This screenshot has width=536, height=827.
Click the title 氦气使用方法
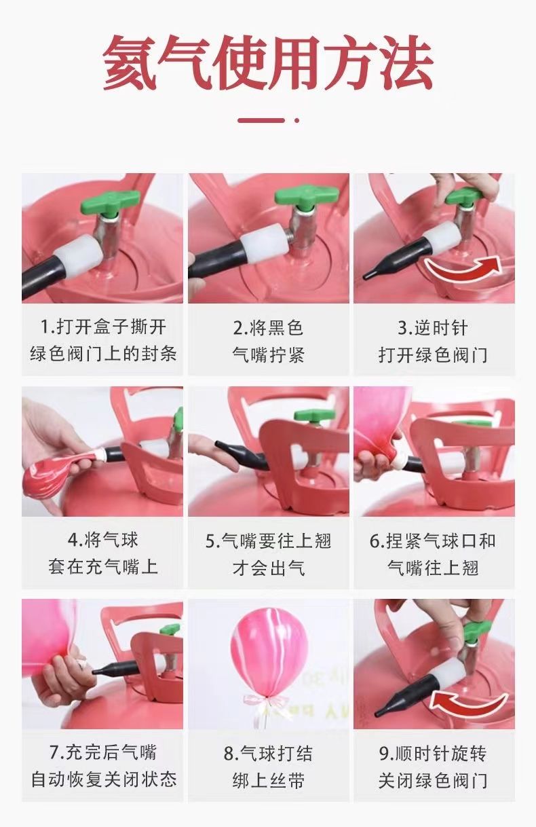(268, 62)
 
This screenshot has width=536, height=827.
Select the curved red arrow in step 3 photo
(463, 268)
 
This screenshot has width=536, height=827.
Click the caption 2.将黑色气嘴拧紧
(268, 341)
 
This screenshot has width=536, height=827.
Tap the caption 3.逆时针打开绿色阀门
(434, 341)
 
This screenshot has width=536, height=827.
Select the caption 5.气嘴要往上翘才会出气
(268, 555)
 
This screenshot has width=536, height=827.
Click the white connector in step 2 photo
(265, 244)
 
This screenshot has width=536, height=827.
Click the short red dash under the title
(261, 120)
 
